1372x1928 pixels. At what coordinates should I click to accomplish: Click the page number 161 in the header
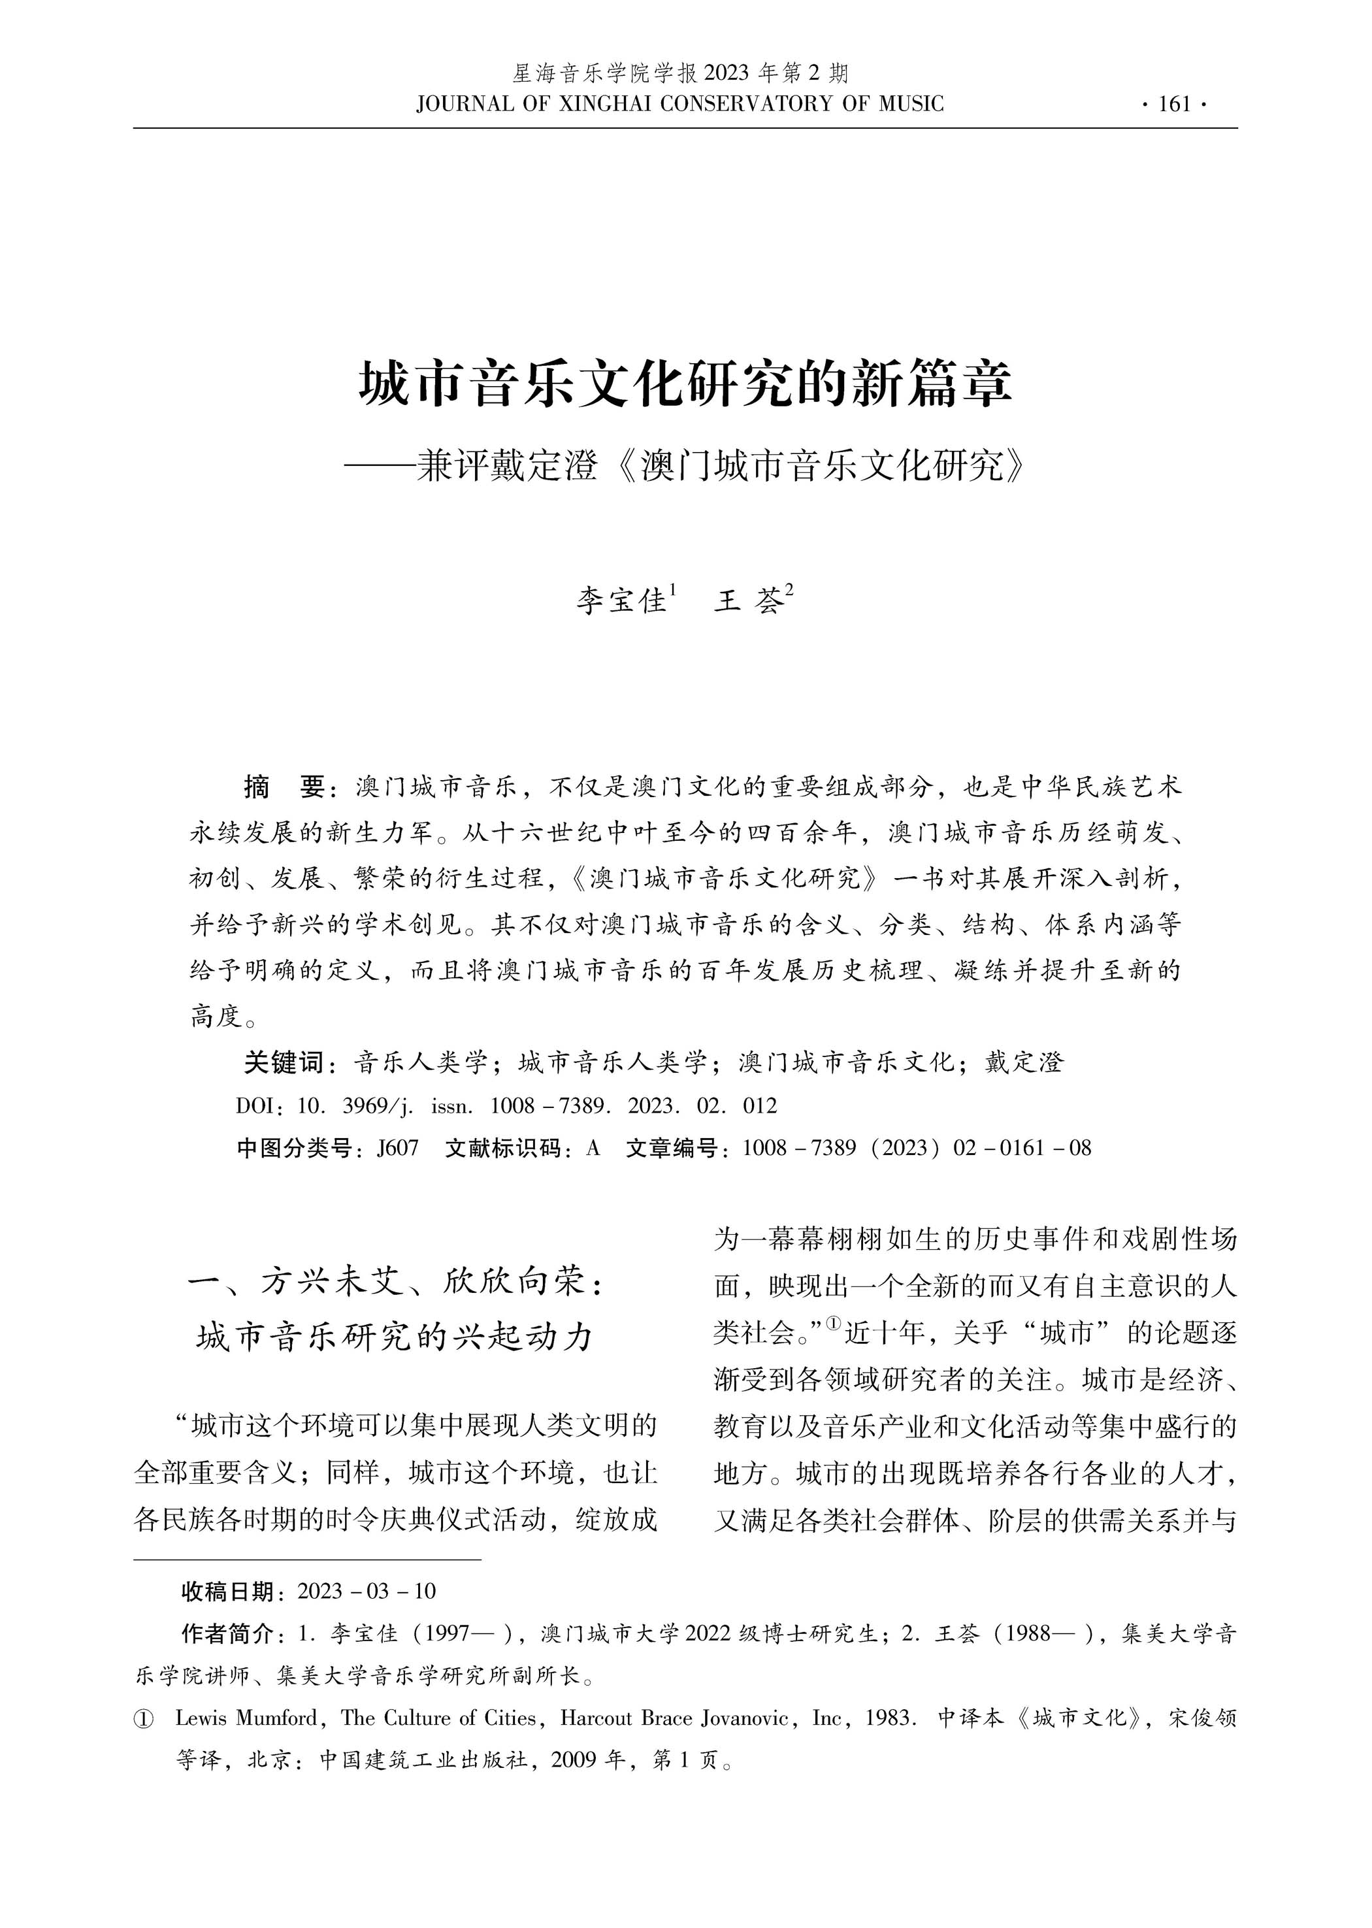(x=1174, y=105)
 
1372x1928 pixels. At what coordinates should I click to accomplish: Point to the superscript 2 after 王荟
(x=789, y=591)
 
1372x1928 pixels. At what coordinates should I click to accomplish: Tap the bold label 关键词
(x=283, y=1062)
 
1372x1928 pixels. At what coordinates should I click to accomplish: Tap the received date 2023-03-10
(x=367, y=1592)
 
